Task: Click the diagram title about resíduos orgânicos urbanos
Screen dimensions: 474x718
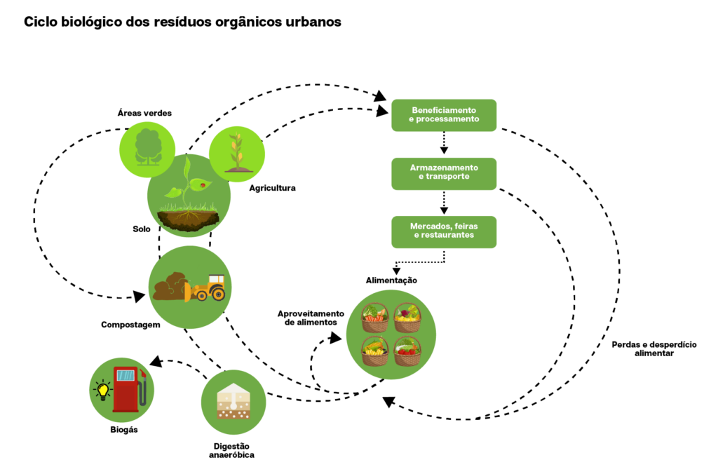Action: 182,22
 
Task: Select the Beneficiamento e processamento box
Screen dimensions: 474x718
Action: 444,115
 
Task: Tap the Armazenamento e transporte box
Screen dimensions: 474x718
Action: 444,173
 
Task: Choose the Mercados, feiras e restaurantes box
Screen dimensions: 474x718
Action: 444,231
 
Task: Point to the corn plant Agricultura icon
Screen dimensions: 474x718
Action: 237,151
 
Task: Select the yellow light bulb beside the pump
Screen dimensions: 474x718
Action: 103,389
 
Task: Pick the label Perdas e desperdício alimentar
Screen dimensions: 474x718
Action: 653,349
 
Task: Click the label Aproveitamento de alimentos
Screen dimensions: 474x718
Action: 311,318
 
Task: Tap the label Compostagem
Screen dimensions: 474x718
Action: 130,325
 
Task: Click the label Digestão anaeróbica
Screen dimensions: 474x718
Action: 231,450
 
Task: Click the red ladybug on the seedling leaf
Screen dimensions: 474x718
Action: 203,184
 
